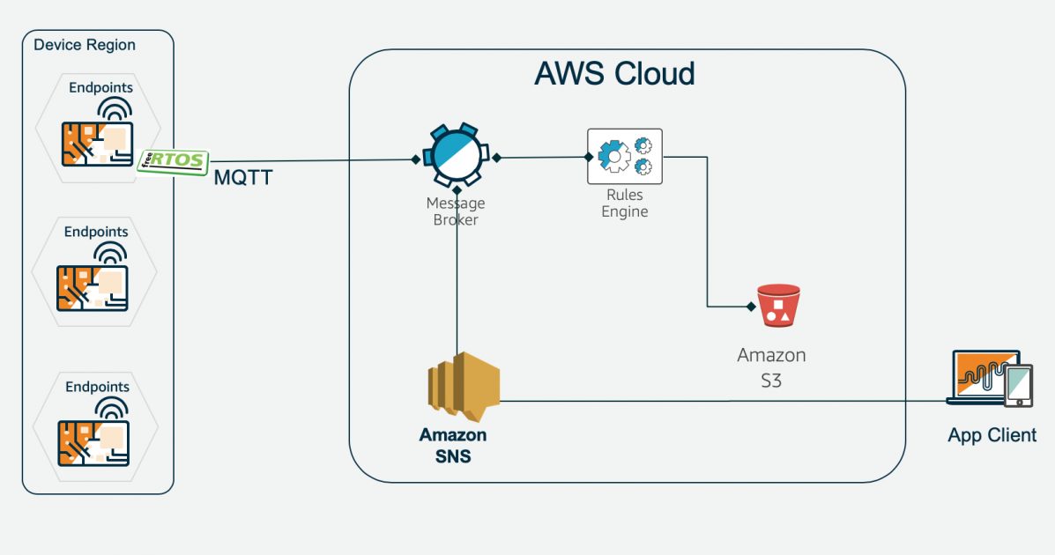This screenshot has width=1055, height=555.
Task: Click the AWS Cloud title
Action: coord(614,73)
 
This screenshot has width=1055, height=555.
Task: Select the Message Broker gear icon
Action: coord(456,156)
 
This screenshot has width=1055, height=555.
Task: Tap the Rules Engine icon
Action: coord(625,156)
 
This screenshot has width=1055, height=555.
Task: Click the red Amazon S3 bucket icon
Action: coord(778,306)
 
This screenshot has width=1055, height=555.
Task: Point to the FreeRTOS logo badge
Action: coord(174,161)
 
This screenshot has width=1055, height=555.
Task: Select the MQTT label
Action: coord(243,178)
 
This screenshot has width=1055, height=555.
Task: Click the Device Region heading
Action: coord(85,45)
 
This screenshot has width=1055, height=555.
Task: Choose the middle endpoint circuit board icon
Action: coord(93,287)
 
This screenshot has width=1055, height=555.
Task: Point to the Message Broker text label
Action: coord(456,211)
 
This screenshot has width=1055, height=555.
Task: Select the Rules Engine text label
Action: coord(624,203)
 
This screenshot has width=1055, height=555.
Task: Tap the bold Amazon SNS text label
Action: coord(453,445)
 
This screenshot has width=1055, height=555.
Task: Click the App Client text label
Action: coord(992,435)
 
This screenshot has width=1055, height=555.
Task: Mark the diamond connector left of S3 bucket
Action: coord(751,307)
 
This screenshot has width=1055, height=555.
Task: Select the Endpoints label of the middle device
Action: coord(96,232)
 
